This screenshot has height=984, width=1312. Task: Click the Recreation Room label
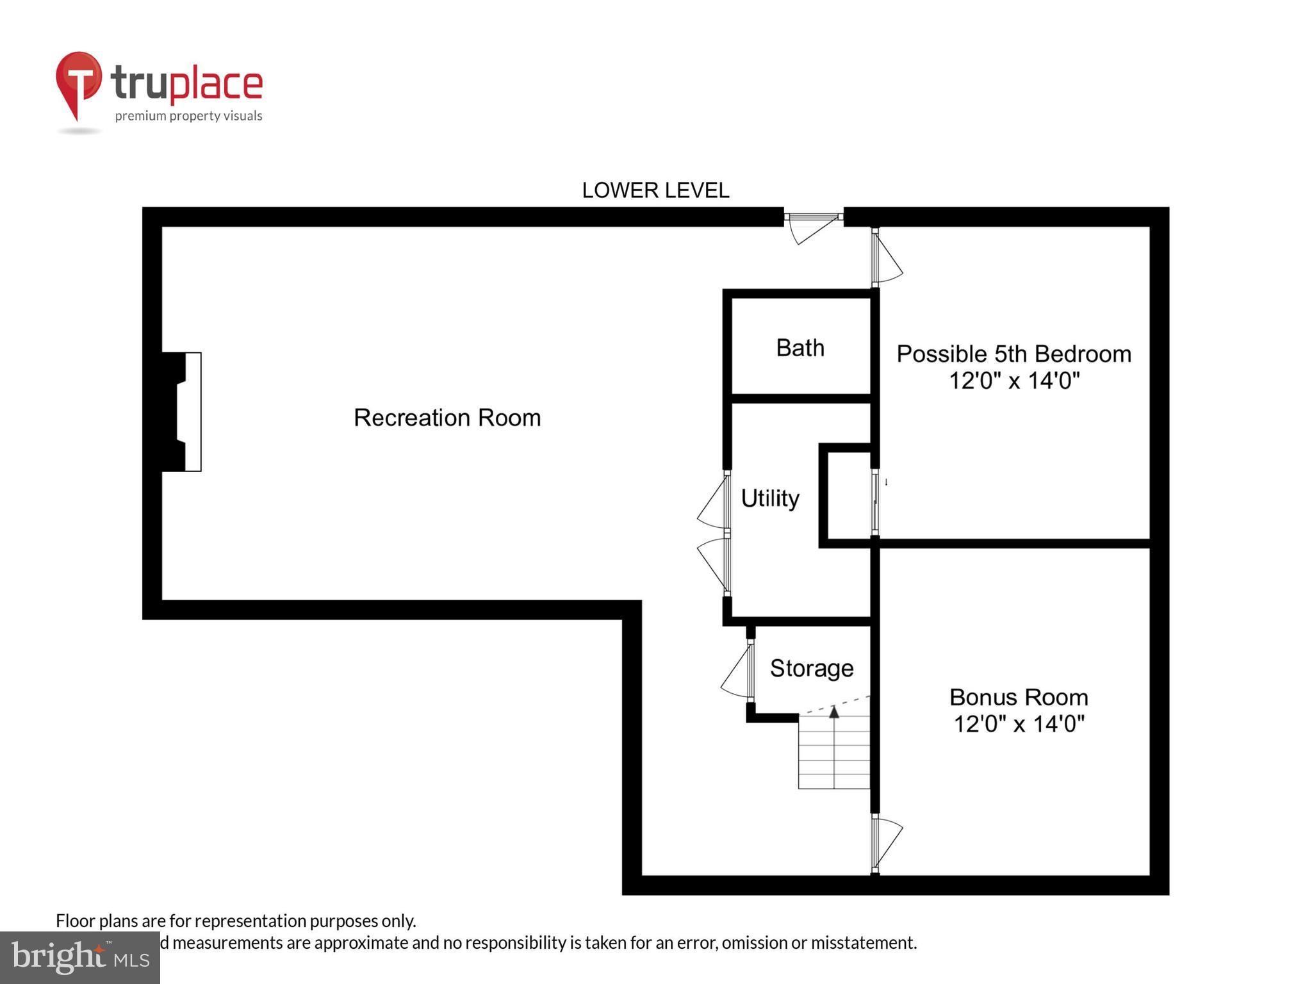(x=447, y=418)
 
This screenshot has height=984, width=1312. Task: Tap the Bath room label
(x=800, y=348)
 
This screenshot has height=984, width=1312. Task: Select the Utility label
(x=770, y=498)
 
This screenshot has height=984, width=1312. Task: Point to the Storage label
(x=812, y=668)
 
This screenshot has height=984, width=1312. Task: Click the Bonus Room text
(x=1019, y=697)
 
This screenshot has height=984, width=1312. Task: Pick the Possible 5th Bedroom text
(x=1013, y=354)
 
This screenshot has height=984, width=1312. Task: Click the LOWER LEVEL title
(x=655, y=190)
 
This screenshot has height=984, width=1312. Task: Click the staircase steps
(x=833, y=756)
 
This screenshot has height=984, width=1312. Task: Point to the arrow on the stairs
(x=834, y=712)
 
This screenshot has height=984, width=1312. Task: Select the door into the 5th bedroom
(x=885, y=258)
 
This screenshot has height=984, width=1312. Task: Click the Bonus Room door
(x=886, y=841)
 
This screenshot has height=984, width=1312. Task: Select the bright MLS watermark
(x=79, y=958)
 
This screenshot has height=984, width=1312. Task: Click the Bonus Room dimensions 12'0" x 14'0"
(x=1019, y=725)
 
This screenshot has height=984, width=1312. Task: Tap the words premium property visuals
(x=188, y=116)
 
